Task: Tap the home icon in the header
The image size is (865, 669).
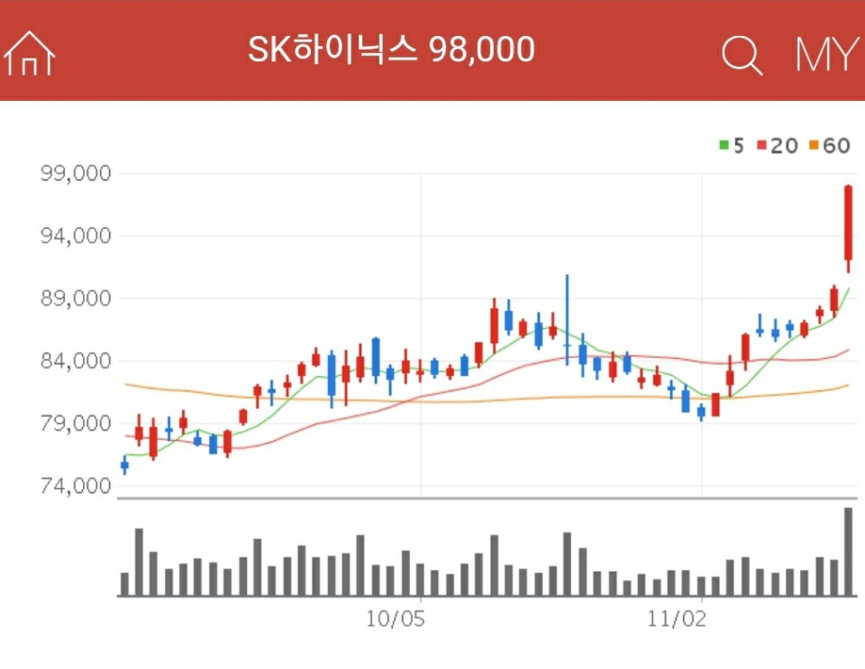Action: point(30,53)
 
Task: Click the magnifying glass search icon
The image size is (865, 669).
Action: point(742,55)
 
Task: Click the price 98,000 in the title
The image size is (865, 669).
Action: point(482,50)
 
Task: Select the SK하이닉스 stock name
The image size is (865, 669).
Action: point(333,50)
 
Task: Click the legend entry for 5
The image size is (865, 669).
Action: point(732,145)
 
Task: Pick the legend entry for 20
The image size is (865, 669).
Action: point(777,145)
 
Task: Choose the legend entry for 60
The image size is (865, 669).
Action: point(830,145)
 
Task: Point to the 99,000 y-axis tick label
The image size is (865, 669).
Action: point(76,173)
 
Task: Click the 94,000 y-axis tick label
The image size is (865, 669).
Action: point(76,236)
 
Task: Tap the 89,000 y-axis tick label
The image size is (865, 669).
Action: point(76,298)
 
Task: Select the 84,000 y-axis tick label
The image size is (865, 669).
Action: point(76,361)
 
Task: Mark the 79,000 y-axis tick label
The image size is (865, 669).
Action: point(76,423)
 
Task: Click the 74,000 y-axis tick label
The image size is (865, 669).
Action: point(76,486)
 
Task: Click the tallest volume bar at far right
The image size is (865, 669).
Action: point(848,552)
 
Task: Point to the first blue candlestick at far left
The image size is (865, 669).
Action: point(124,465)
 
